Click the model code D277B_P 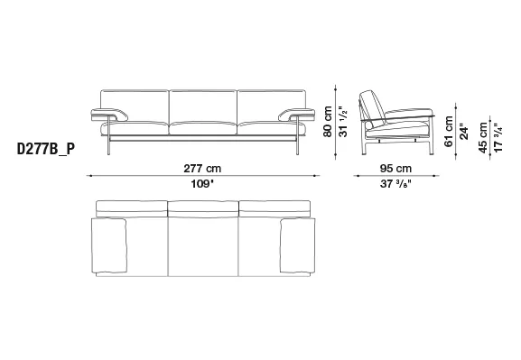point(46,149)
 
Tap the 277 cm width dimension point(202,169)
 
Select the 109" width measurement point(202,184)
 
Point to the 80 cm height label point(327,122)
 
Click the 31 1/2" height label point(343,122)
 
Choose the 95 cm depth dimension point(395,169)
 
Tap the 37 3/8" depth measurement point(395,184)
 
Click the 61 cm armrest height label point(449,131)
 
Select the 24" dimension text point(464,132)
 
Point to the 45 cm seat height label point(483,137)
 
